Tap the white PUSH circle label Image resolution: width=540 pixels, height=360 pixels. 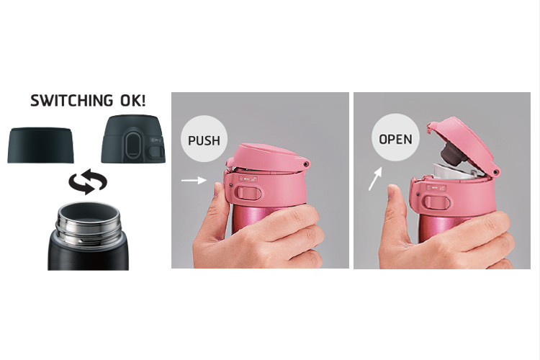pos(204,139)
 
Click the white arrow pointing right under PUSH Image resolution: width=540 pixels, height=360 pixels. pos(194,181)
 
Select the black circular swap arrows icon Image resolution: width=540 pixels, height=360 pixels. pos(87,183)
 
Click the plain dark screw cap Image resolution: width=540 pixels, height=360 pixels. pos(41,145)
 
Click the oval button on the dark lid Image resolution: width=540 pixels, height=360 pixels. pos(132,148)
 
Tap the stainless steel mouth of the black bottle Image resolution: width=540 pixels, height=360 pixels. pos(87,216)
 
